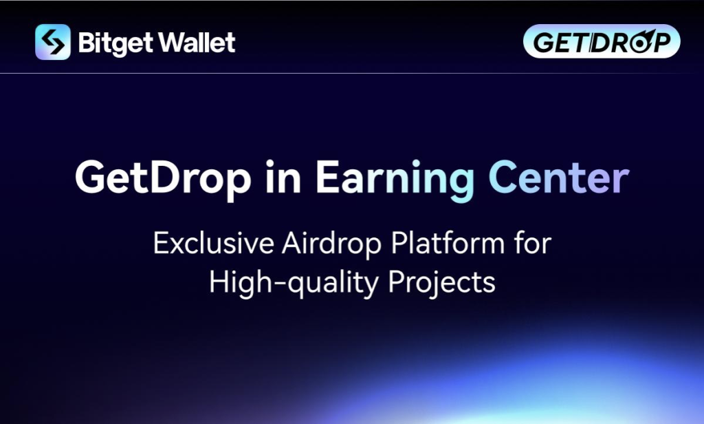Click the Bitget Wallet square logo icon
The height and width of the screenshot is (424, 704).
[x=53, y=42]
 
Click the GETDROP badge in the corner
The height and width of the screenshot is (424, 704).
[x=602, y=41]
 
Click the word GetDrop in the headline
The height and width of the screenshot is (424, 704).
[x=163, y=178]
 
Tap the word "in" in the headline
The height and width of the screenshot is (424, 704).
[x=283, y=177]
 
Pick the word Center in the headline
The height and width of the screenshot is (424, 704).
[x=559, y=177]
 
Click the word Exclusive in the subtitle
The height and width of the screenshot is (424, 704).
[x=214, y=243]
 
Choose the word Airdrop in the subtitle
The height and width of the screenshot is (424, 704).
[x=332, y=244]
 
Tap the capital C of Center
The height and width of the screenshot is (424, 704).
[x=504, y=177]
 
